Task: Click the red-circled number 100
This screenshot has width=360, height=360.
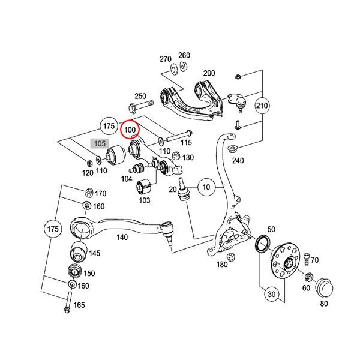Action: point(130,129)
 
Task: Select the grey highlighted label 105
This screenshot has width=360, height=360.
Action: point(99,144)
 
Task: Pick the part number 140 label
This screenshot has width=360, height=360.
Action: point(122,237)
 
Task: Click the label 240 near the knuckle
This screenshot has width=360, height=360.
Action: point(239,160)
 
